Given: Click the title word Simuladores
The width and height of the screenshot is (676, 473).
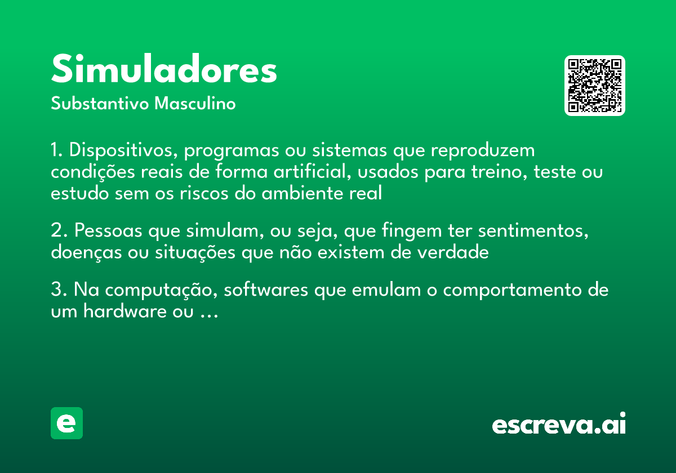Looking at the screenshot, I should coord(164,70).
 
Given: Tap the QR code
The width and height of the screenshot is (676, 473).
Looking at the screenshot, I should coord(595,86).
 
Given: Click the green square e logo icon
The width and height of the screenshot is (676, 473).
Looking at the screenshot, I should coord(66,423).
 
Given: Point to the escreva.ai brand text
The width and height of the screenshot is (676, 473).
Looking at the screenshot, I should coord(559,425).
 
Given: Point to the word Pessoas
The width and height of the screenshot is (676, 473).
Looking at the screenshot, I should coord(108,231).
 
